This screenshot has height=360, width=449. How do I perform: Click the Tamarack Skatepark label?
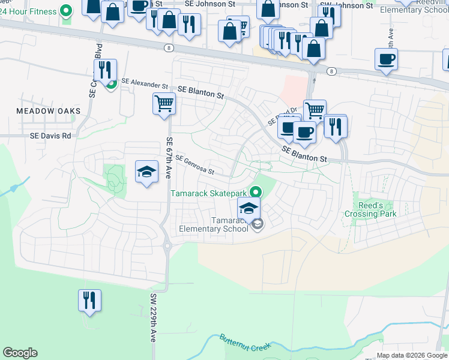tap(208, 193)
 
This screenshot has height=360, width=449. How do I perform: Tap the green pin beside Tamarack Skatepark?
tap(256, 193)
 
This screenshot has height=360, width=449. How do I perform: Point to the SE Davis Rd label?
tap(50, 136)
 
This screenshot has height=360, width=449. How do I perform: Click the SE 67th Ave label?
tap(169, 157)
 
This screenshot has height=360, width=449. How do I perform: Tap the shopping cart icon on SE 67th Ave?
tap(164, 104)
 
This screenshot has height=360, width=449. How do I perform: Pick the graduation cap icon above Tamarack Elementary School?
tap(249, 208)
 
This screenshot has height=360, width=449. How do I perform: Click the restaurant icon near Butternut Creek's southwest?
tap(89, 299)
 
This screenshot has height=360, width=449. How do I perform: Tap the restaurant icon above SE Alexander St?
tap(106, 70)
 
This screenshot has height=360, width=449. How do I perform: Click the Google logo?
tap(20, 353)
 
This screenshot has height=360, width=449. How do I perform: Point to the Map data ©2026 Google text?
tap(411, 355)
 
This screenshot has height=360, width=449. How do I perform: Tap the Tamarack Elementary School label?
tap(214, 223)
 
